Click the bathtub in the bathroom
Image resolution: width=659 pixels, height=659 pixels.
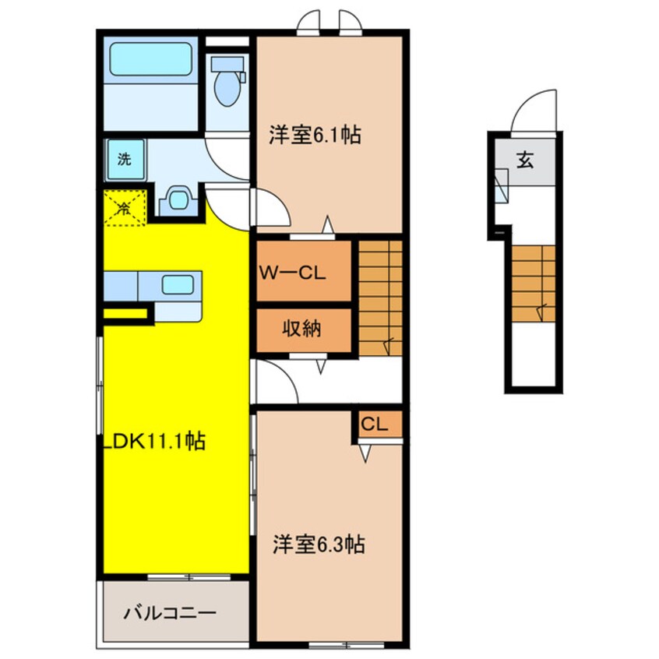point(151,59)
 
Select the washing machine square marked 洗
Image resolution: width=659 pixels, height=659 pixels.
point(125,160)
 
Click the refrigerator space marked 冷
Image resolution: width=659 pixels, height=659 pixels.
point(125,208)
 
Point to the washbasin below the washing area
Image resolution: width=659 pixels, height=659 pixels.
point(178,199)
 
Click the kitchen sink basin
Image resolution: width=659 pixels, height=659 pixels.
point(178,284)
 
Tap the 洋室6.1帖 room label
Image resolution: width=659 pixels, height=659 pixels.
point(315,136)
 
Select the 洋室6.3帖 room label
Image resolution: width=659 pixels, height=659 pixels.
point(319,544)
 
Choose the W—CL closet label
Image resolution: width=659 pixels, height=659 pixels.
point(293,273)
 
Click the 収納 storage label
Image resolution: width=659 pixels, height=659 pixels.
point(301,328)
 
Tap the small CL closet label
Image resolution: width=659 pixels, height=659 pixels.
point(374,425)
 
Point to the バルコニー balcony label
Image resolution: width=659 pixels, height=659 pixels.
point(170,613)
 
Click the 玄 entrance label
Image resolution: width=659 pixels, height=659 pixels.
point(526,159)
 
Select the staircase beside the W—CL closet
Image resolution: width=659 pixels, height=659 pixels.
point(380,298)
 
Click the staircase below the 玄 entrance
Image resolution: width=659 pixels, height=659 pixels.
point(534,284)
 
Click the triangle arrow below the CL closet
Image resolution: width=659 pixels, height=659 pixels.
point(365,453)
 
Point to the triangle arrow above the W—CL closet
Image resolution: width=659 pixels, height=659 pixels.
point(328,224)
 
